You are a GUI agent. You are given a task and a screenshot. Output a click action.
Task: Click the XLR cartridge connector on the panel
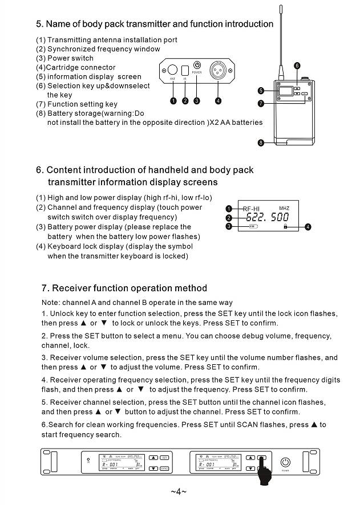(218, 70)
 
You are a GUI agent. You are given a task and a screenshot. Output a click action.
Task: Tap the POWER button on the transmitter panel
(197, 66)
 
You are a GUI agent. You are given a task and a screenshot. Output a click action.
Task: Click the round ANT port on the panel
(172, 71)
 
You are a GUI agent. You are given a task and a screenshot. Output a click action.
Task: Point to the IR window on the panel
(185, 71)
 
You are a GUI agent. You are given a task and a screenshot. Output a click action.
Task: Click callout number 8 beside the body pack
(261, 142)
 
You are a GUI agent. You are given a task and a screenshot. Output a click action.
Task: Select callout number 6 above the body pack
(297, 66)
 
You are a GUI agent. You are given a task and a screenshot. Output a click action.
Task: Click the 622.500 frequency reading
(267, 217)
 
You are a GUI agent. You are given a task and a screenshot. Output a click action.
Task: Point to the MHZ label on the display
(284, 208)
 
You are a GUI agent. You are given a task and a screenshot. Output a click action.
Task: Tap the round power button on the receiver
(286, 463)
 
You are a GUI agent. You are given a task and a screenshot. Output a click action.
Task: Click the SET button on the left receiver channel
(164, 457)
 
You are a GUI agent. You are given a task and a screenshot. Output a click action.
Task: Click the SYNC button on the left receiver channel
(164, 468)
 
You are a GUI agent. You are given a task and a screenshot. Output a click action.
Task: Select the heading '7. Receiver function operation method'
(124, 288)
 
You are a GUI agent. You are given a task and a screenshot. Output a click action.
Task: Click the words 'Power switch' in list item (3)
(70, 58)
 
